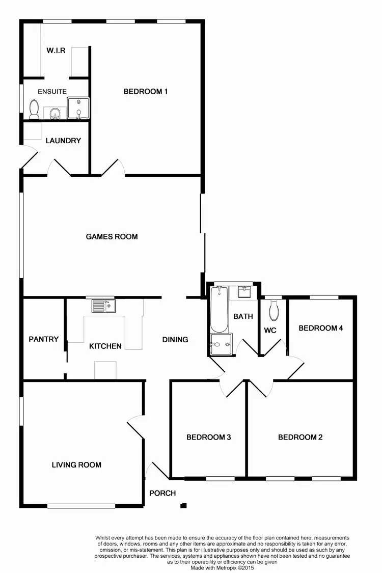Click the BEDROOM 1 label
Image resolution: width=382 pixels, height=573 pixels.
coord(146,92)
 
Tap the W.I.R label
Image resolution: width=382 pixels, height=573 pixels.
coord(56,50)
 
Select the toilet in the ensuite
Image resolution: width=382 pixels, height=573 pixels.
coord(34,109)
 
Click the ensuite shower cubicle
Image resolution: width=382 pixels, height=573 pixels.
coord(78,108)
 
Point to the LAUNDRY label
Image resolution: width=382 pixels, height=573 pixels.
coord(63,141)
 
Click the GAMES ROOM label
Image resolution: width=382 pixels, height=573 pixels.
coord(112,236)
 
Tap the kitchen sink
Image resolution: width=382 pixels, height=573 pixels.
coord(104,306)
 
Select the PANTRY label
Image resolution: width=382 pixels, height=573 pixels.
coord(44,339)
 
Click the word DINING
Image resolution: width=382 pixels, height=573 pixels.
coord(175,340)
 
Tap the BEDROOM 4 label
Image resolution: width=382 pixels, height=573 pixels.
coord(320,328)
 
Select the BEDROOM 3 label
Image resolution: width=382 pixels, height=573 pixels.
coord(209,437)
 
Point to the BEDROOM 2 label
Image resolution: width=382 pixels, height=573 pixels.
coord(301,437)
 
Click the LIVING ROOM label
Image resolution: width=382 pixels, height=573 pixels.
coord(76,465)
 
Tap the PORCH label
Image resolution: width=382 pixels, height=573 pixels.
coord(162,493)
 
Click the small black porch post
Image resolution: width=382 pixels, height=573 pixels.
coord(183,506)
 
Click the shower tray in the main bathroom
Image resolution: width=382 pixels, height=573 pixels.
coord(220,344)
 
